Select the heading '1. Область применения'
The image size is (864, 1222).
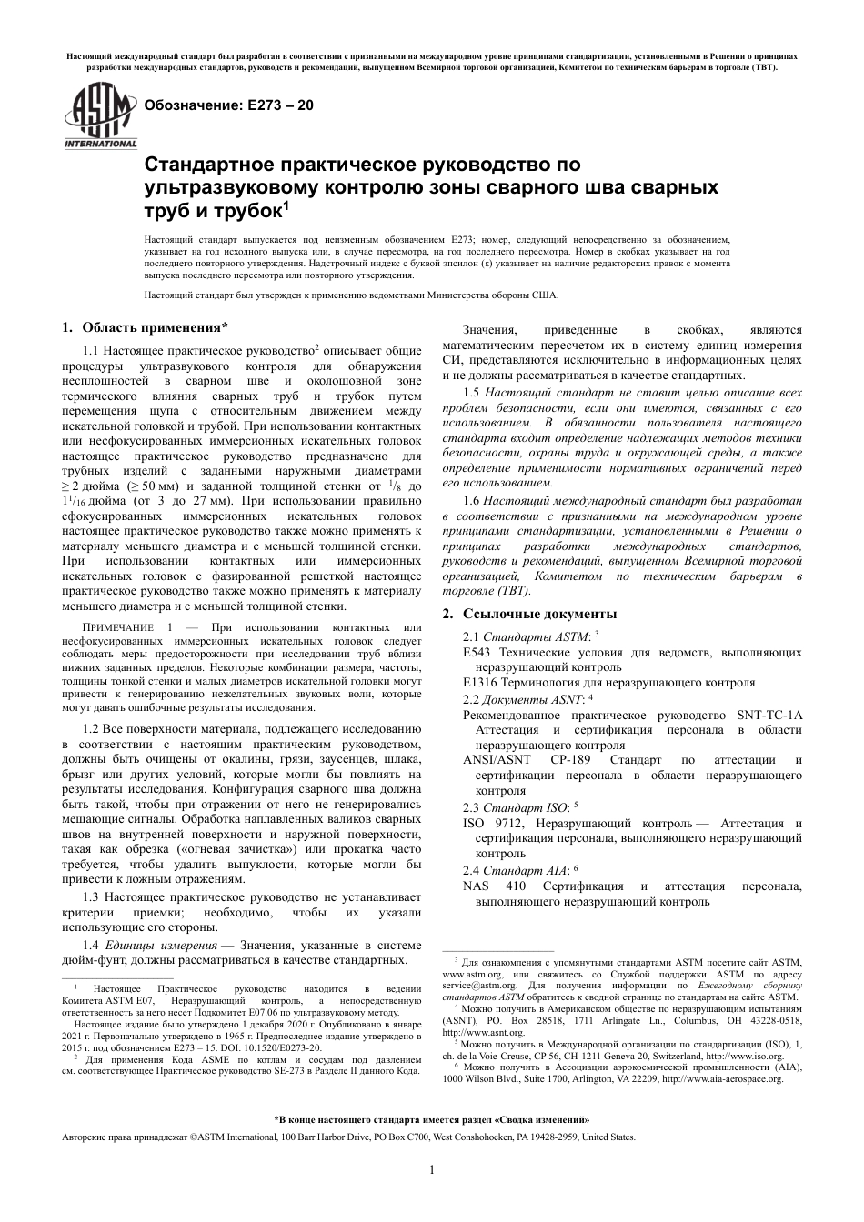pos(144,327)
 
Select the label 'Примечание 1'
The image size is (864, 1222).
pos(129,628)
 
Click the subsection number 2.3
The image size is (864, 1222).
pos(472,807)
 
